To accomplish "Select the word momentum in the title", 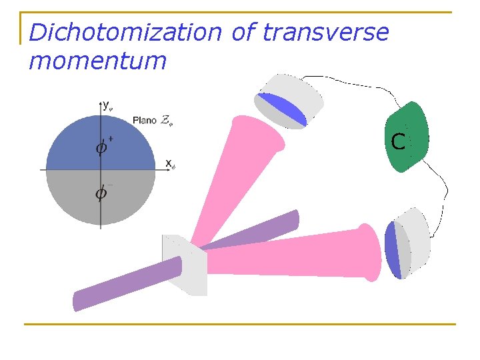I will click(97, 61).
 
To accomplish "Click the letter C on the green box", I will click(398, 141).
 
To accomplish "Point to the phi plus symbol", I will click(102, 147).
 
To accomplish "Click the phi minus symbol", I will click(102, 193).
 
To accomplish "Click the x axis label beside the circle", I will click(170, 163).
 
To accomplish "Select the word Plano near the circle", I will click(145, 120).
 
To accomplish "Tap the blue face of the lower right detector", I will click(392, 250).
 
